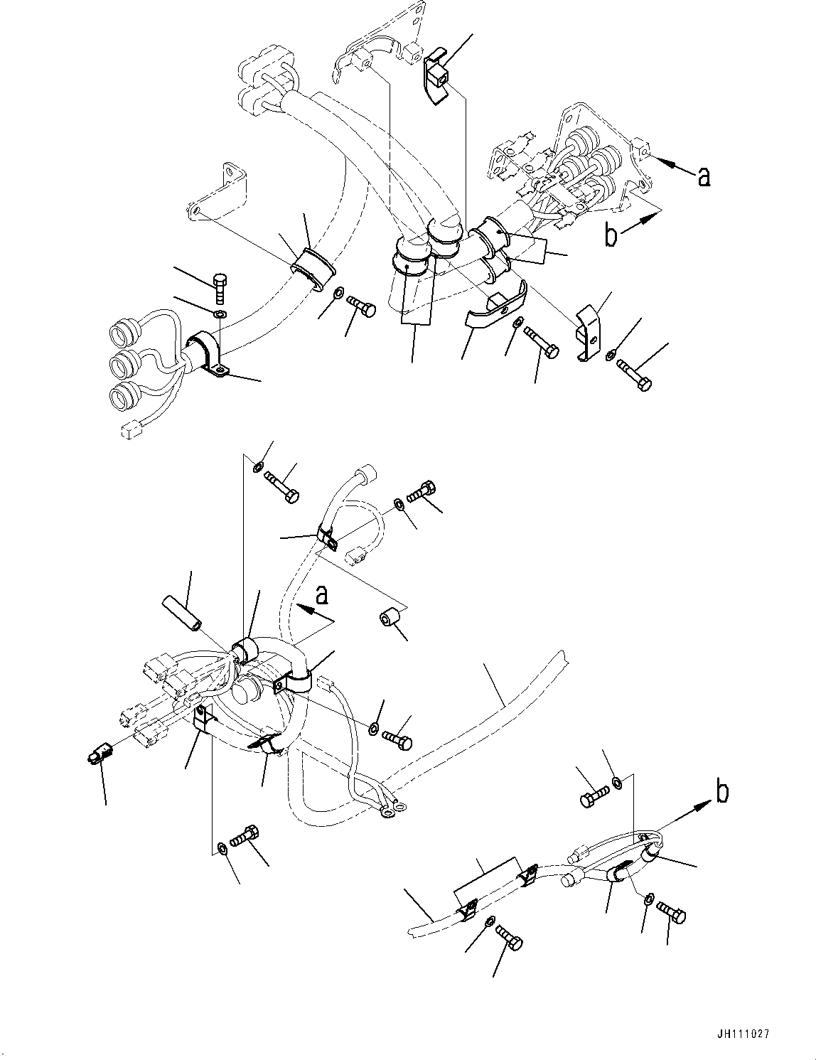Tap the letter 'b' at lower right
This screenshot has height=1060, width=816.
tap(721, 792)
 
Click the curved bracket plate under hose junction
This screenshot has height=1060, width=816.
tap(495, 307)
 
